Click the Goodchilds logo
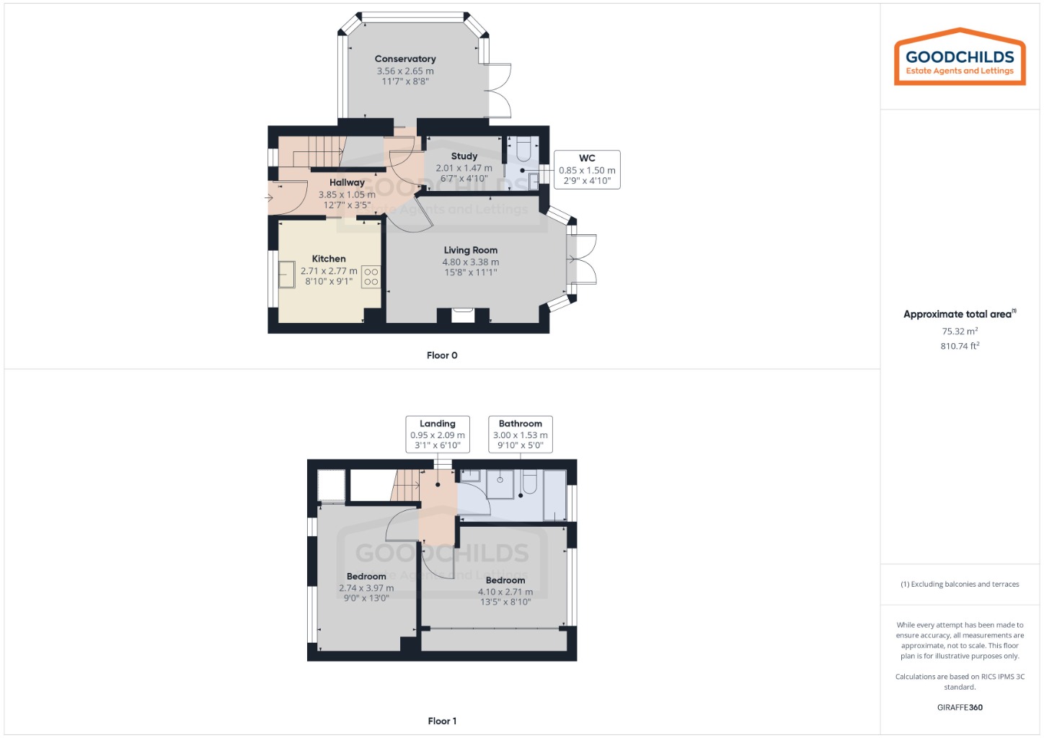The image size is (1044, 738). click(x=960, y=58)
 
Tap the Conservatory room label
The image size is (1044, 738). click(x=405, y=59)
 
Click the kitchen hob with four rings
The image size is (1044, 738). click(x=371, y=277)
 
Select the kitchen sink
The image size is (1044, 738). click(x=287, y=275)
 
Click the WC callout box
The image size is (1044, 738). click(x=587, y=169)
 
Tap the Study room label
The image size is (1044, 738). click(x=464, y=156)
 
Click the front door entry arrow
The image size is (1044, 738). click(x=269, y=197)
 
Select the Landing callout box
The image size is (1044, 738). click(x=438, y=435)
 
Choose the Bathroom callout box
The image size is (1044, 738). click(x=521, y=435)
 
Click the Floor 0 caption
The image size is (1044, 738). click(x=442, y=355)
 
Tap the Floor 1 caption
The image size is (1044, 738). click(x=442, y=721)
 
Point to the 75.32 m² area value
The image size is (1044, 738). click(x=960, y=332)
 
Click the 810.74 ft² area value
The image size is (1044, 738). click(x=960, y=346)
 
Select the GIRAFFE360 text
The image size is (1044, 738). click(x=960, y=707)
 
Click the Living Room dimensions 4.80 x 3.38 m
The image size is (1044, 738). click(x=471, y=262)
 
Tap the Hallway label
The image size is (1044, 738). click(x=347, y=183)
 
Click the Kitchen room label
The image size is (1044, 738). click(x=329, y=259)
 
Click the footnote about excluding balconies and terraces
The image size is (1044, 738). click(x=960, y=584)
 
